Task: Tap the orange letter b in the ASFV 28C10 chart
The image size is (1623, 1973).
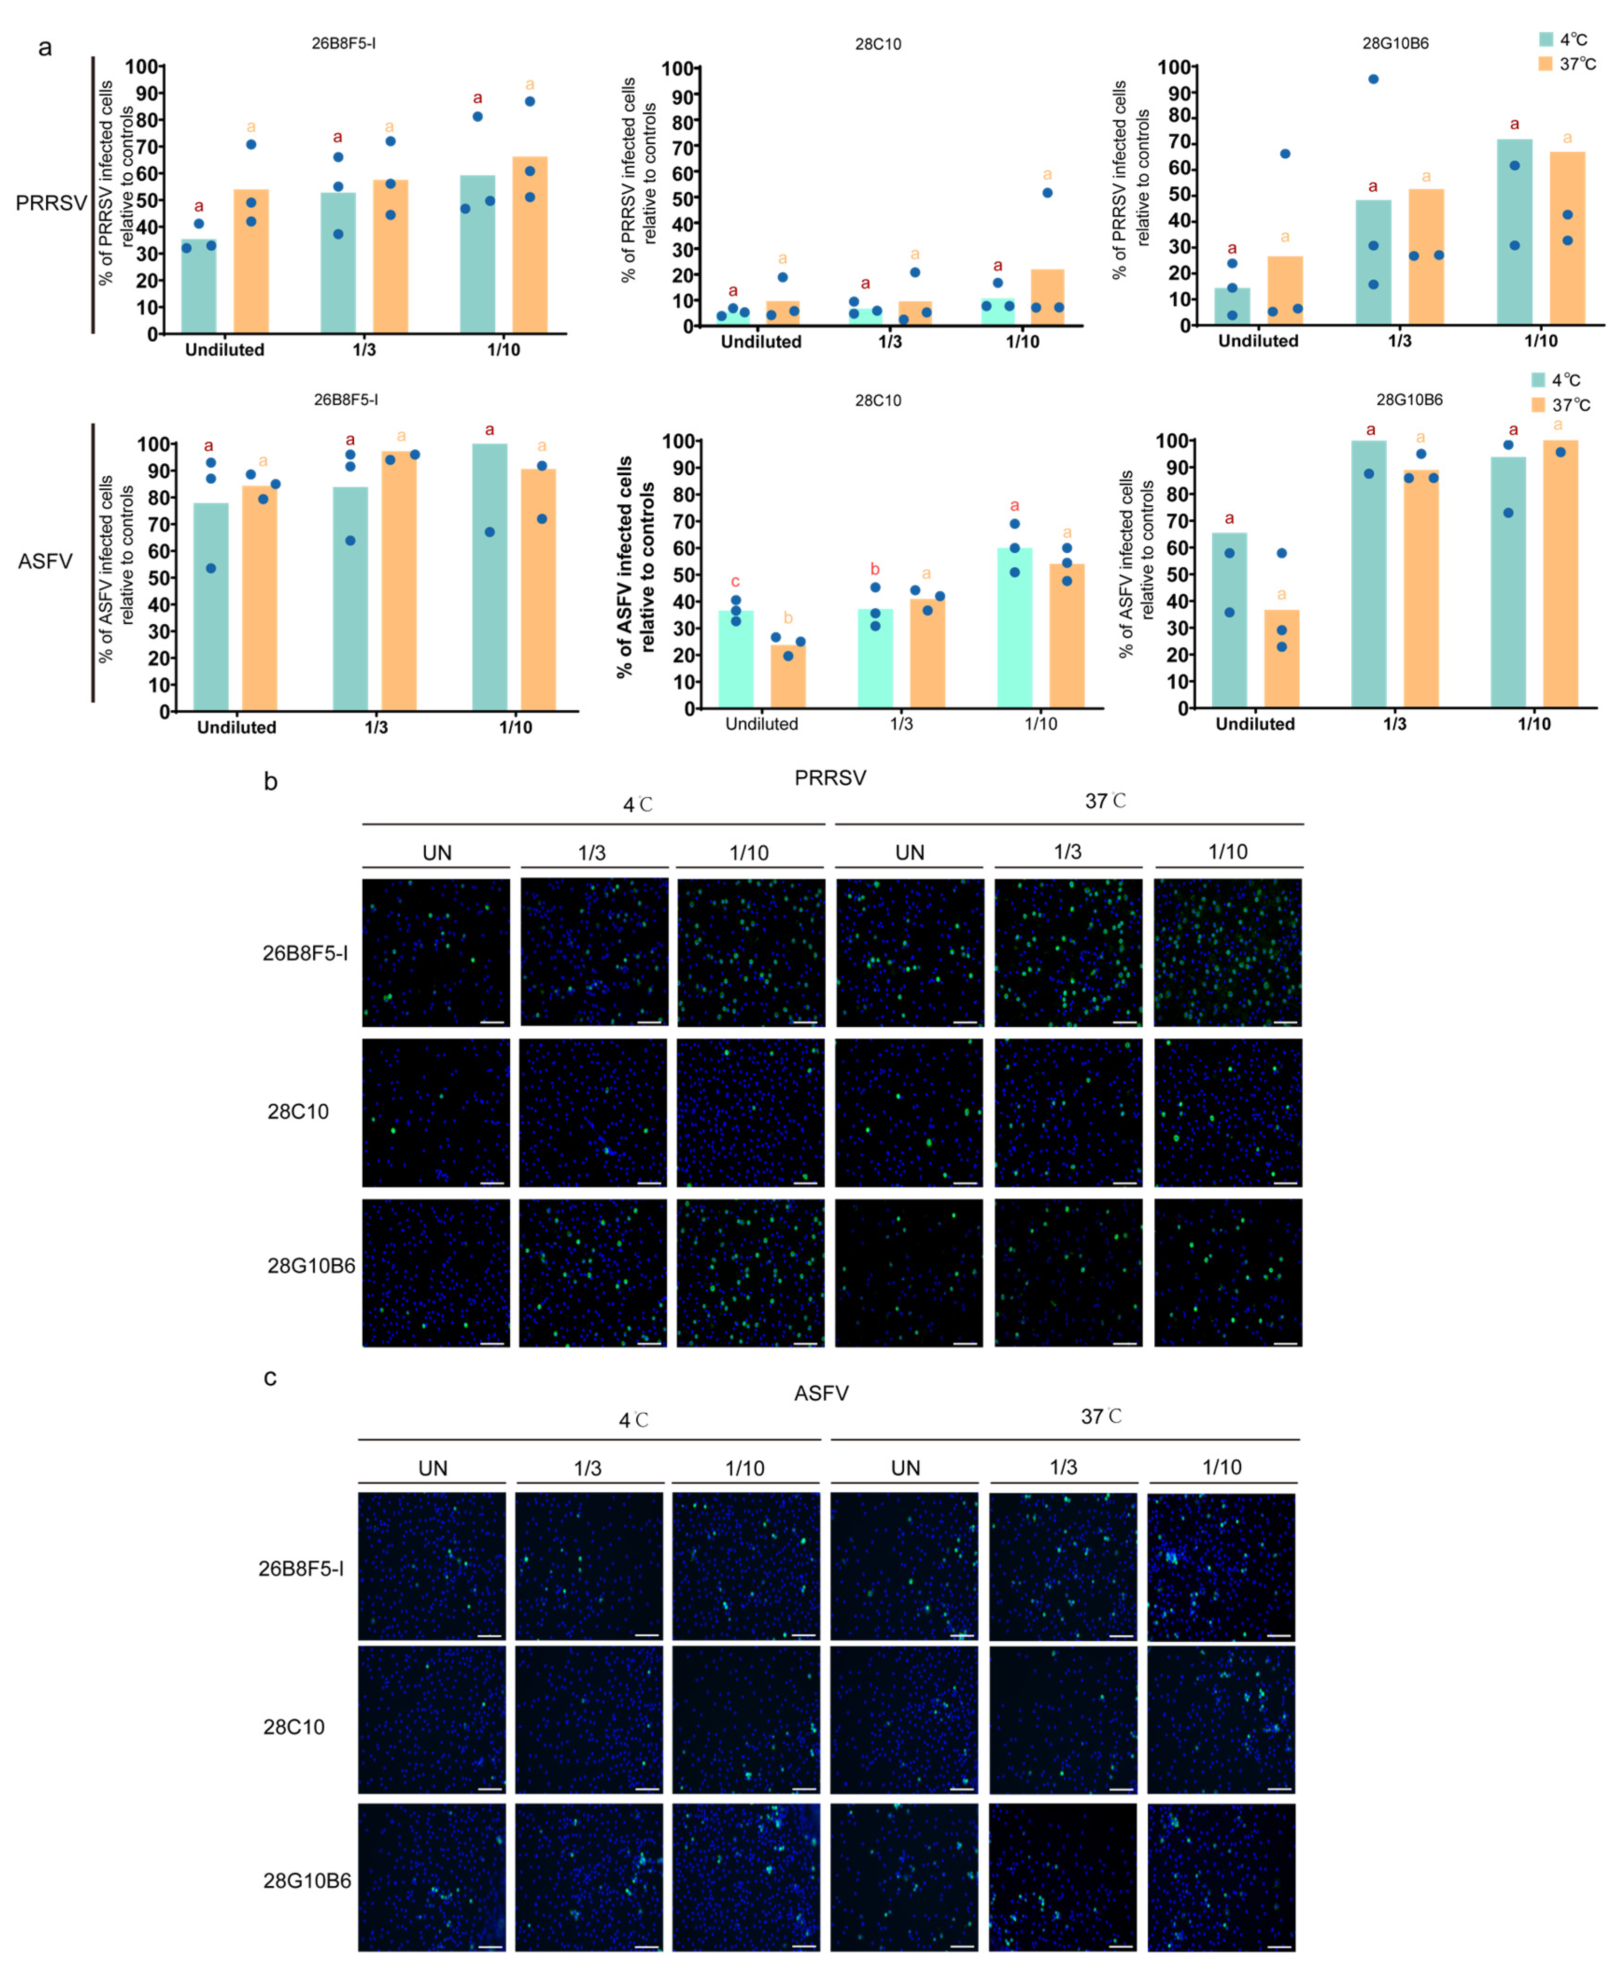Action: (788, 618)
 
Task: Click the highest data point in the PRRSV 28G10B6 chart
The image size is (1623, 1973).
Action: (1373, 79)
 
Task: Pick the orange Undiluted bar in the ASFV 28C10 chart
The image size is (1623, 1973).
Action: (788, 675)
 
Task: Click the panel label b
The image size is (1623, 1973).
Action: (270, 782)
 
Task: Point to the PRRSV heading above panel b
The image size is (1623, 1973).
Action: (830, 778)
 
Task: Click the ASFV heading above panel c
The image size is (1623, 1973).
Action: (821, 1393)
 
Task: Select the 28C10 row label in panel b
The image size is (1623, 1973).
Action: (298, 1112)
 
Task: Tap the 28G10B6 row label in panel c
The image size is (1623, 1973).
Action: (307, 1881)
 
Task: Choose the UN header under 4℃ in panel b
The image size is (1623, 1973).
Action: (436, 853)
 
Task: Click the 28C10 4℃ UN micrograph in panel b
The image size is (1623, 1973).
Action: (436, 1113)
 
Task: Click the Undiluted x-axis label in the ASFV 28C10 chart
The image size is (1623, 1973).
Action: (762, 724)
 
